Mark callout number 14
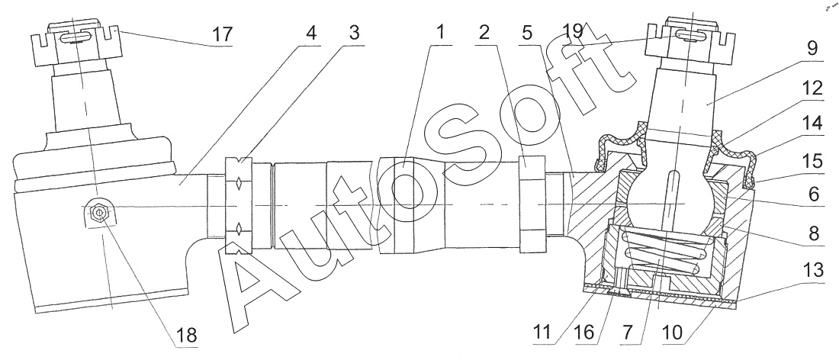(813, 123)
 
